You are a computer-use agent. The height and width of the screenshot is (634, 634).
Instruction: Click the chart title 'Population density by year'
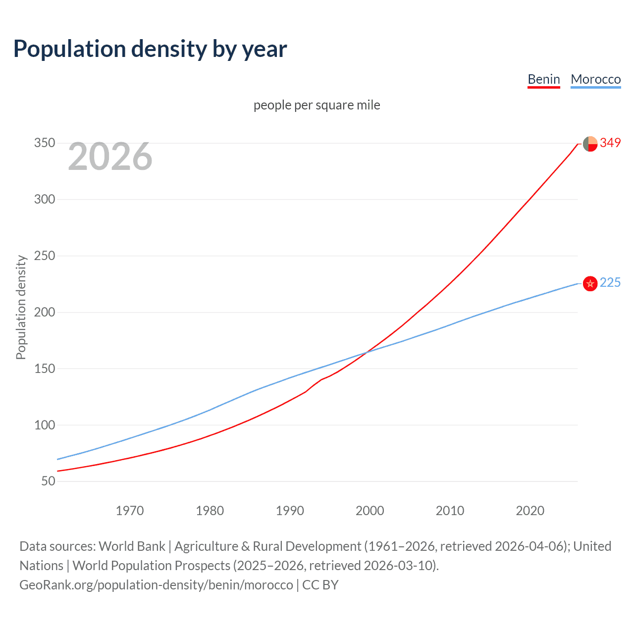pyautogui.click(x=150, y=49)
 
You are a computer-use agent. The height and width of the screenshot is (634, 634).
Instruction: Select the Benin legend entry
pyautogui.click(x=543, y=79)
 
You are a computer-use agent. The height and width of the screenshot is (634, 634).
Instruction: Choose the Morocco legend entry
pyautogui.click(x=595, y=79)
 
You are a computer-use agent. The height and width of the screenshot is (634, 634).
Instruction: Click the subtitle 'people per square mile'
pyautogui.click(x=317, y=105)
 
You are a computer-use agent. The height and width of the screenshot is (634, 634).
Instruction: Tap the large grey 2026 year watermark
pyautogui.click(x=110, y=157)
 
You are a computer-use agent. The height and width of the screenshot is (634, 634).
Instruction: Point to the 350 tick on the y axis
pyautogui.click(x=44, y=143)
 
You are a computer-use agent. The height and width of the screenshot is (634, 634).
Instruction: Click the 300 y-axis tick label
pyautogui.click(x=44, y=200)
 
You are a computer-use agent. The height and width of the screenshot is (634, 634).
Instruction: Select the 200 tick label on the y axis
pyautogui.click(x=44, y=312)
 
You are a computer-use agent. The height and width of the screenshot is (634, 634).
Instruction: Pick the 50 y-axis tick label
pyautogui.click(x=48, y=481)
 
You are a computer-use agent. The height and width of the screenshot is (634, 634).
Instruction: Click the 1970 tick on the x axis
pyautogui.click(x=130, y=511)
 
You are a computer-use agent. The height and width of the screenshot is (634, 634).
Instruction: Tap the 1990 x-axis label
pyautogui.click(x=290, y=511)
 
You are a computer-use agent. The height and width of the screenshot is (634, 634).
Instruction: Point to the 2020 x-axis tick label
pyautogui.click(x=530, y=511)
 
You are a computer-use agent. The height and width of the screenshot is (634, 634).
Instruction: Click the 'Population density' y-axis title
pyautogui.click(x=21, y=307)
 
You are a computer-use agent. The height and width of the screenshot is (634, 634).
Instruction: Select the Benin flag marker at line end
pyautogui.click(x=590, y=144)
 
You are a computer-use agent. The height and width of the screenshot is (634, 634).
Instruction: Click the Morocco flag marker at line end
pyautogui.click(x=590, y=283)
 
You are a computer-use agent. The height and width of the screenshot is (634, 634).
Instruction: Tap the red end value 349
pyautogui.click(x=610, y=143)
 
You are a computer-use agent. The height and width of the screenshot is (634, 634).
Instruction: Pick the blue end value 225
pyautogui.click(x=610, y=282)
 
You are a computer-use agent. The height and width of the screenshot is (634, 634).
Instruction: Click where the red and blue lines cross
pyautogui.click(x=367, y=352)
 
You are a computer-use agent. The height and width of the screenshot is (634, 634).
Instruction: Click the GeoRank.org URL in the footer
pyautogui.click(x=156, y=585)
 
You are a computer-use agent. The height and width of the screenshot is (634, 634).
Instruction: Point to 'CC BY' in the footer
pyautogui.click(x=320, y=585)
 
